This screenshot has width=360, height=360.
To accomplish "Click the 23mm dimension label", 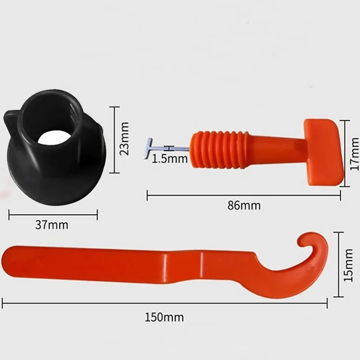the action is coord(125,139).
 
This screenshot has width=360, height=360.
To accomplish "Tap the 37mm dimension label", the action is coord(52,225).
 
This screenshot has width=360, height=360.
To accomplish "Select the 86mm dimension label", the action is coord(244,205).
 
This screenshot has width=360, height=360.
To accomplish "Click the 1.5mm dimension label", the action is coord(170,158).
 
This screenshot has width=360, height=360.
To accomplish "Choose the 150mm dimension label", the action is coord(164,317).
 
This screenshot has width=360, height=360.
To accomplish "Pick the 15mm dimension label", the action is coord(348,265).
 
